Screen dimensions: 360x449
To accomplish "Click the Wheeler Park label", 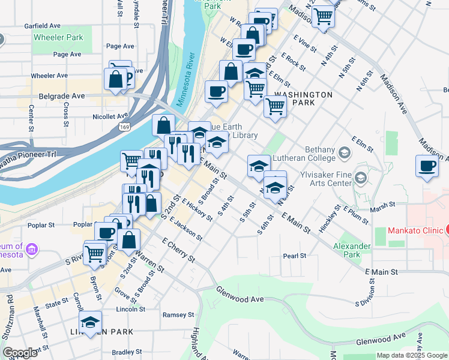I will tap(58, 37).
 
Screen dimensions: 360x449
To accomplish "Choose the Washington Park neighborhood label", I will tap(303, 99).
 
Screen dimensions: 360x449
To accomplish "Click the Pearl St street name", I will tap(295, 256).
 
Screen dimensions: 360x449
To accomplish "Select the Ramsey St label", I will tap(178, 314).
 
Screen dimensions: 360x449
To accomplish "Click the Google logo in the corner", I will tap(20, 353).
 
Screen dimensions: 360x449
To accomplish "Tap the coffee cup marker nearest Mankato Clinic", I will tap(427, 167).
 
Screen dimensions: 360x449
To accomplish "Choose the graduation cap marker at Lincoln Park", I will tap(90, 323).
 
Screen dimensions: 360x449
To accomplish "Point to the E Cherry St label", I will tap(178, 250).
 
